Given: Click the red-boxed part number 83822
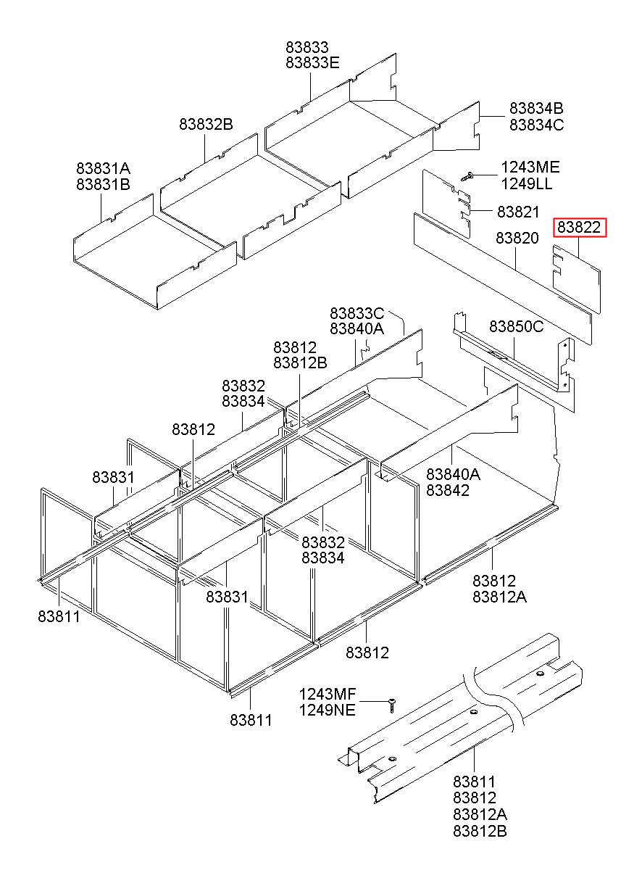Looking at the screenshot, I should click(x=579, y=228).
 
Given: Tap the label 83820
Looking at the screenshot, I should click(x=517, y=238).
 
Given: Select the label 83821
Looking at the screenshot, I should click(x=518, y=212).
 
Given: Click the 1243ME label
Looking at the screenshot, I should click(x=530, y=167).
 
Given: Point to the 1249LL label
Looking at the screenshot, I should click(x=527, y=183).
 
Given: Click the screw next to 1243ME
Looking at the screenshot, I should click(x=467, y=175).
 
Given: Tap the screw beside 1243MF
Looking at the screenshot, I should click(x=392, y=702).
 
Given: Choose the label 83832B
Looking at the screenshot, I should click(x=206, y=125).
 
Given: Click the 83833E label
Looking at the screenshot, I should click(x=312, y=62).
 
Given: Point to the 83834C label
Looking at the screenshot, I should click(x=536, y=124).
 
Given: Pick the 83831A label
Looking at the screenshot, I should click(x=103, y=168).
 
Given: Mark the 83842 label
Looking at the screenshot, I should click(x=448, y=490).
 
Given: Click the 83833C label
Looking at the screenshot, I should click(x=357, y=313).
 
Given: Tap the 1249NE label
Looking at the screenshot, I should click(x=328, y=710).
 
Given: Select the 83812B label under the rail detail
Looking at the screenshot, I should click(x=480, y=831).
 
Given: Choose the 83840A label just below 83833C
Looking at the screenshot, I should click(x=357, y=329).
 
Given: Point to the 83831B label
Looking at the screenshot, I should click(x=103, y=184).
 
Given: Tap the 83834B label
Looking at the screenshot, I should click(x=536, y=108).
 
